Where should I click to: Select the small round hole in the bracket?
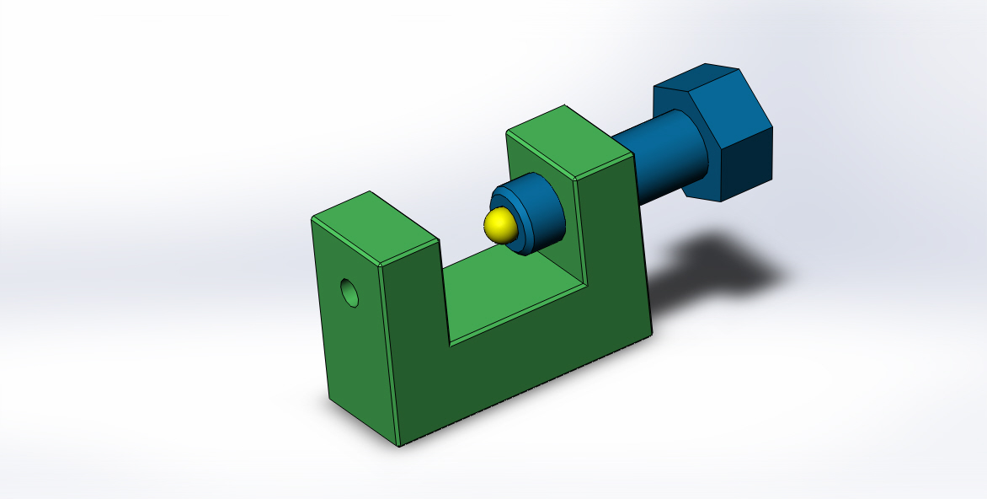tap(349, 292)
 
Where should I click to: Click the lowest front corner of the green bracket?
tap(398, 445)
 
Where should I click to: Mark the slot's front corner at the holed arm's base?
tap(450, 344)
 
